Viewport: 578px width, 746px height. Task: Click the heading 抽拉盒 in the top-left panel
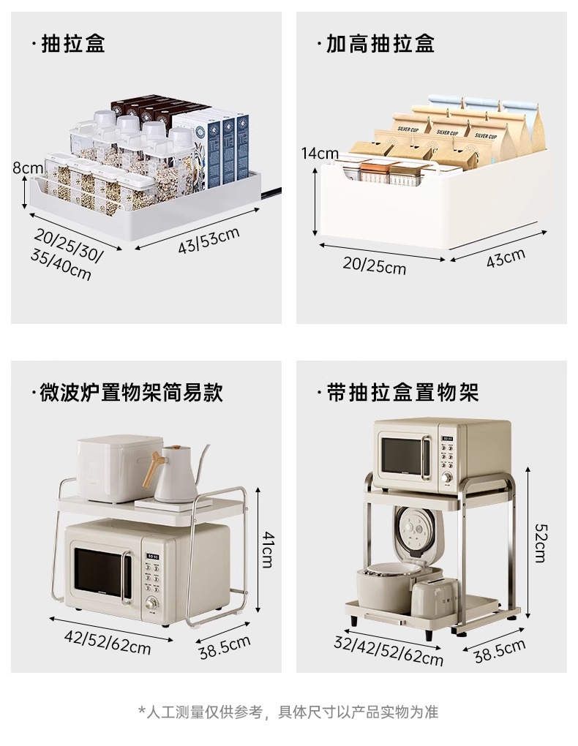[x=73, y=43]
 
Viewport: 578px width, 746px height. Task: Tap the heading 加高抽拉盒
[x=380, y=43]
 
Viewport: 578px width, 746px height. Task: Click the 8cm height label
[x=28, y=168]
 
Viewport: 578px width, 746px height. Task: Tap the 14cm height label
[x=319, y=154]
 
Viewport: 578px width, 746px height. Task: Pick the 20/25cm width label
[x=374, y=265]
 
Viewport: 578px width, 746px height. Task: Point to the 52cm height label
[x=540, y=542]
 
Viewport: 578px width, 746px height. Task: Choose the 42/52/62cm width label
[x=108, y=641]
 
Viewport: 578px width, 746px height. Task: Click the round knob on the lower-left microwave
[x=152, y=603]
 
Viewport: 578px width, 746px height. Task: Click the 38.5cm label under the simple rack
[x=225, y=647]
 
